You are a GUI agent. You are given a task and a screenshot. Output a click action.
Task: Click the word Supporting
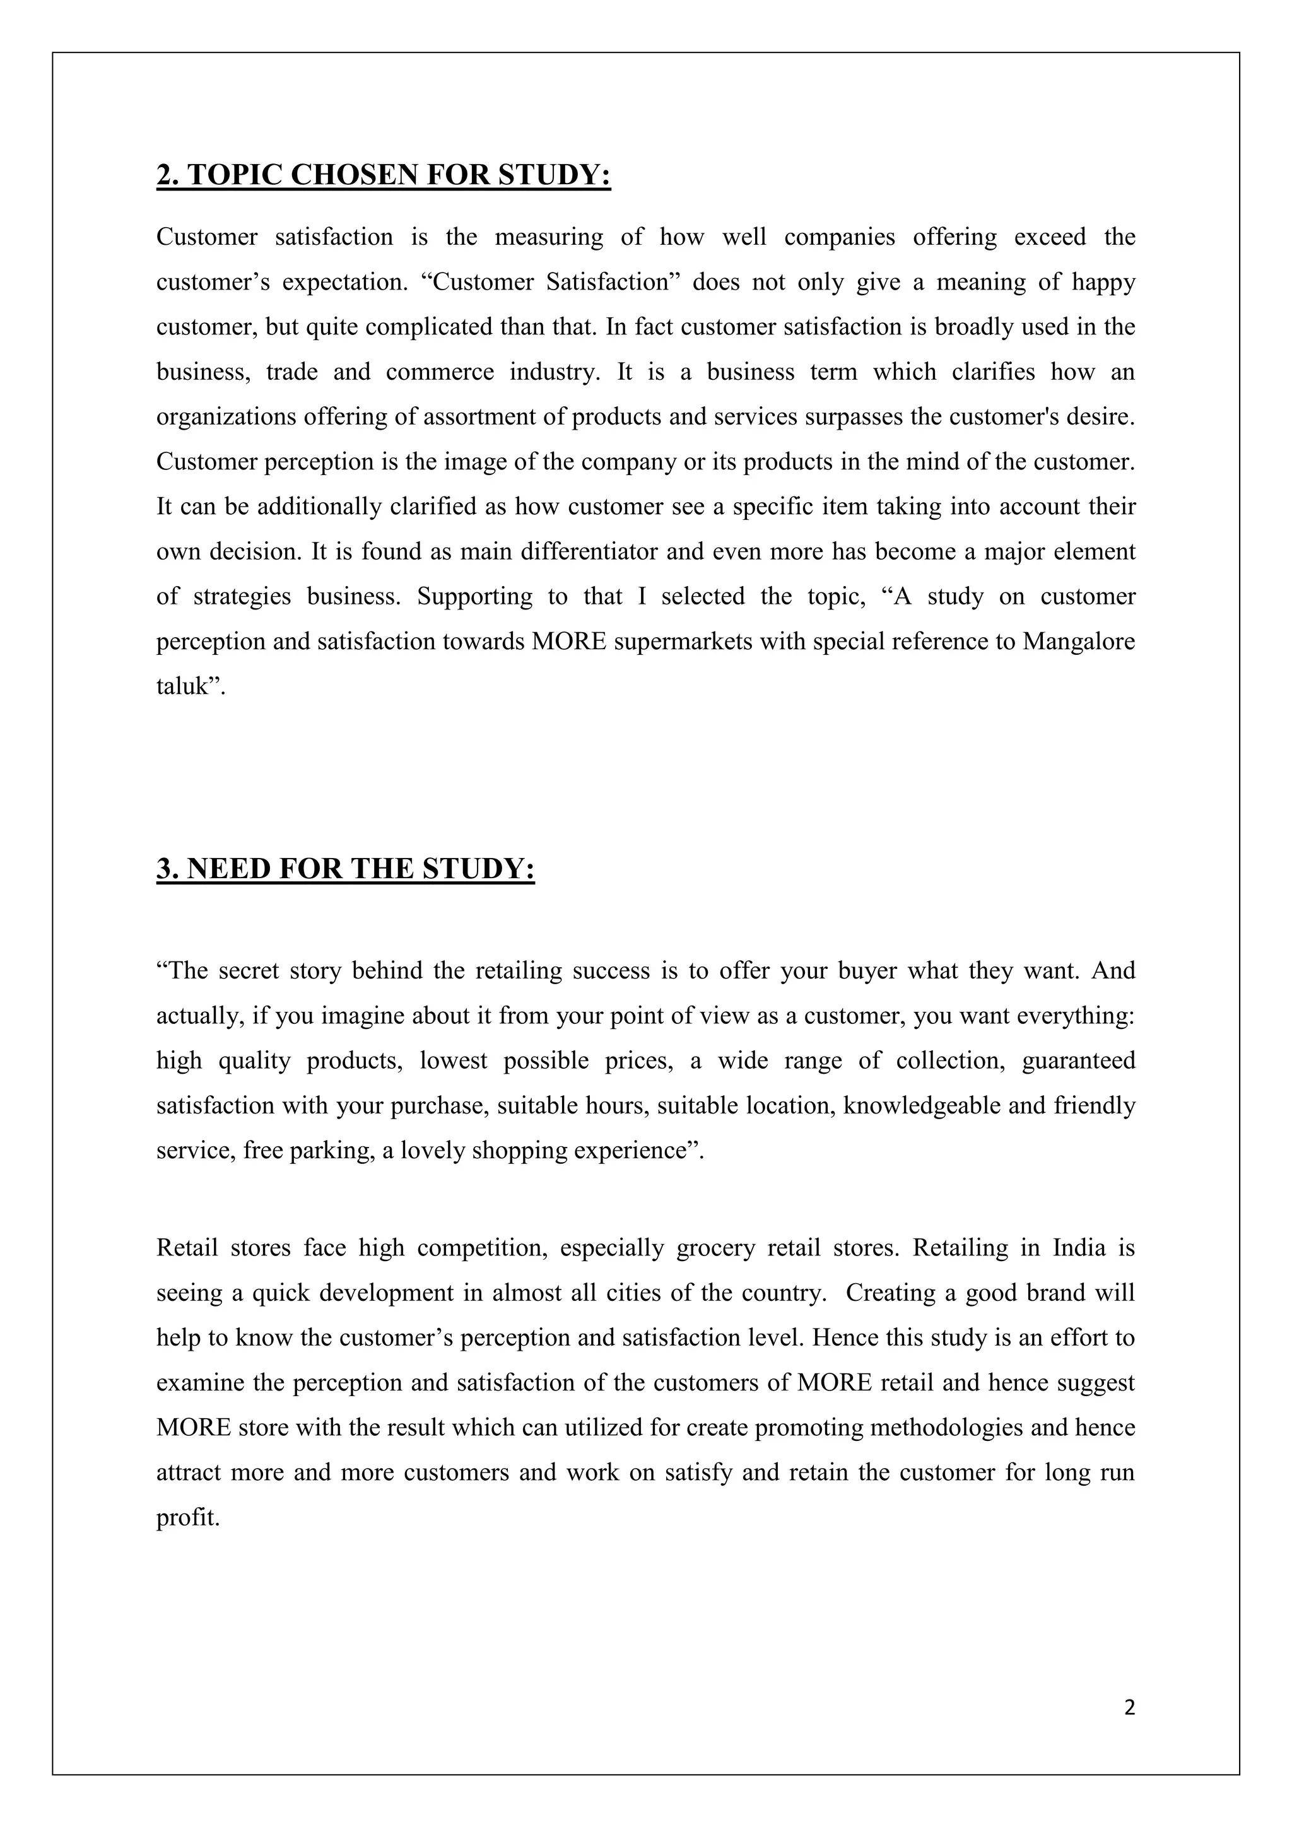tap(474, 596)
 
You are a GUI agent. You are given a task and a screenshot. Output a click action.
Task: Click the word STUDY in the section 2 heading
tap(554, 174)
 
